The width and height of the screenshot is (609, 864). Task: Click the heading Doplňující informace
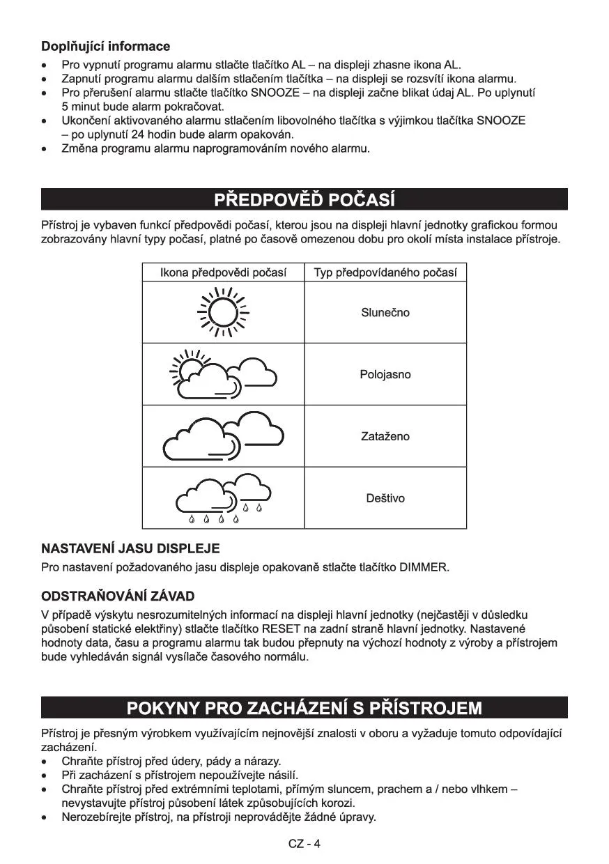[x=105, y=47]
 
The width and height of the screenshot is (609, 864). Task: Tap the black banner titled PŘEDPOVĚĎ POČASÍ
[x=304, y=200]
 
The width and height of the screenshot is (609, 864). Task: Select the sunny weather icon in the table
[x=224, y=312]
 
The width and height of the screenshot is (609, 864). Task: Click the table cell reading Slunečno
[x=385, y=313]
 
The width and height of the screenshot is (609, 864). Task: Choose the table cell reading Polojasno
[x=385, y=375]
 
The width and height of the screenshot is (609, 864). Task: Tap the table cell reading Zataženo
[x=385, y=437]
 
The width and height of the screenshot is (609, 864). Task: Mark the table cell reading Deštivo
[x=385, y=498]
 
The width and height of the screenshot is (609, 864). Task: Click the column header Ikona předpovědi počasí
[x=223, y=272]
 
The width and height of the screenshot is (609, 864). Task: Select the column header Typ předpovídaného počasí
[x=385, y=272]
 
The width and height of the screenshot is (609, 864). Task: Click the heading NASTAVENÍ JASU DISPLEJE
[x=130, y=548]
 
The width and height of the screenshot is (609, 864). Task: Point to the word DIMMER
[x=423, y=567]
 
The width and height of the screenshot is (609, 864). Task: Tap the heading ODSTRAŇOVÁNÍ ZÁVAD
[x=118, y=596]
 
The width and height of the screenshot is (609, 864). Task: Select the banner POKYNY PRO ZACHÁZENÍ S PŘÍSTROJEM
[x=304, y=708]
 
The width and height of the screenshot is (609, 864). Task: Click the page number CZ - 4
[x=304, y=844]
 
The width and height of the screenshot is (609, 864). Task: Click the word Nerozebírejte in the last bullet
[x=94, y=817]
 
